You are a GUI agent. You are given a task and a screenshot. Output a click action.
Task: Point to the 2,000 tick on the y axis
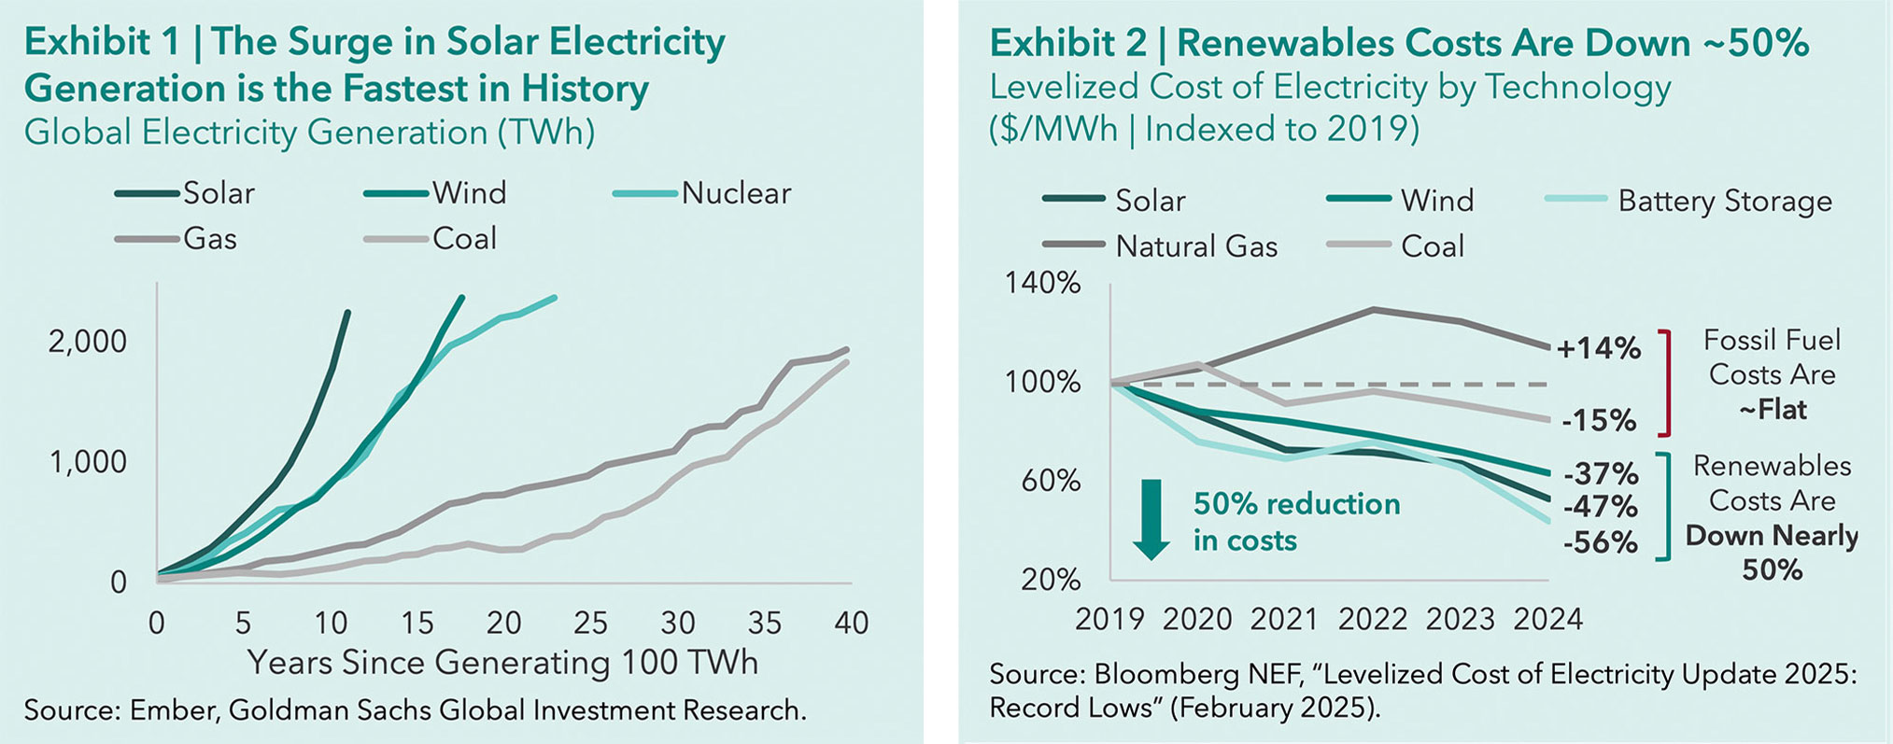pyautogui.click(x=87, y=342)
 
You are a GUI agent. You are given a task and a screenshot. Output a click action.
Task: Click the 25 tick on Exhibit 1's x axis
pyautogui.click(x=591, y=623)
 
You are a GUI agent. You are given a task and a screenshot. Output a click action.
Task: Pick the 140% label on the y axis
pyautogui.click(x=1042, y=283)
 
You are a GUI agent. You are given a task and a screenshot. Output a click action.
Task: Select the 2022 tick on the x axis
pyautogui.click(x=1372, y=619)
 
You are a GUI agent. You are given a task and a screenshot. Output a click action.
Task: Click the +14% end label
pyautogui.click(x=1598, y=349)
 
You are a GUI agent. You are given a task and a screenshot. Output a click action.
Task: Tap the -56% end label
pyautogui.click(x=1600, y=542)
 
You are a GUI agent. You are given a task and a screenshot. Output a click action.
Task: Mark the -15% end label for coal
pyautogui.click(x=1600, y=421)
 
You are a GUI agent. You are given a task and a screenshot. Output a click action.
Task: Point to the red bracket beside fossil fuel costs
pyautogui.click(x=1664, y=383)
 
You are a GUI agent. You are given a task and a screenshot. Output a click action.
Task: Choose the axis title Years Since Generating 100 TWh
pyautogui.click(x=502, y=663)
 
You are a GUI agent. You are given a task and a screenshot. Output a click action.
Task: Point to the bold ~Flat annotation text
pyautogui.click(x=1772, y=410)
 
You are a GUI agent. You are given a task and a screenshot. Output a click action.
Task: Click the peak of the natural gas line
pyautogui.click(x=1372, y=309)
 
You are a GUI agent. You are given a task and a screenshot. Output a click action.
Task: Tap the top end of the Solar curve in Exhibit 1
pyautogui.click(x=347, y=312)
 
